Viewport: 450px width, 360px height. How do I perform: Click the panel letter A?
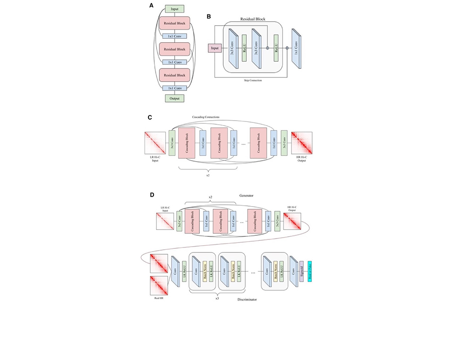pyautogui.click(x=152, y=6)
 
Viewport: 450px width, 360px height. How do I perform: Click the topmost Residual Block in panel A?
pyautogui.click(x=175, y=24)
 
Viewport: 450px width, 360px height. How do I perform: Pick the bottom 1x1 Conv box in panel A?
pyautogui.click(x=175, y=88)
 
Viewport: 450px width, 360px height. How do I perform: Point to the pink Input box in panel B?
pyautogui.click(x=214, y=48)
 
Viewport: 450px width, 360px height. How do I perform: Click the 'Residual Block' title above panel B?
pyautogui.click(x=253, y=19)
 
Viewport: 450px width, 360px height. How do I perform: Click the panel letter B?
pyautogui.click(x=209, y=17)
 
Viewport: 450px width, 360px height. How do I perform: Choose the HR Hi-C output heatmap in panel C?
pyautogui.click(x=301, y=142)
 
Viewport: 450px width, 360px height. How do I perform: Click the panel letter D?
pyautogui.click(x=152, y=195)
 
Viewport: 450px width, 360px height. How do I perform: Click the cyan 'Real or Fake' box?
pyautogui.click(x=310, y=271)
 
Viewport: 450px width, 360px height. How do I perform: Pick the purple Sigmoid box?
pyautogui.click(x=301, y=271)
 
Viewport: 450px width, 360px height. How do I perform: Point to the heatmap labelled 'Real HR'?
pyautogui.click(x=158, y=287)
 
